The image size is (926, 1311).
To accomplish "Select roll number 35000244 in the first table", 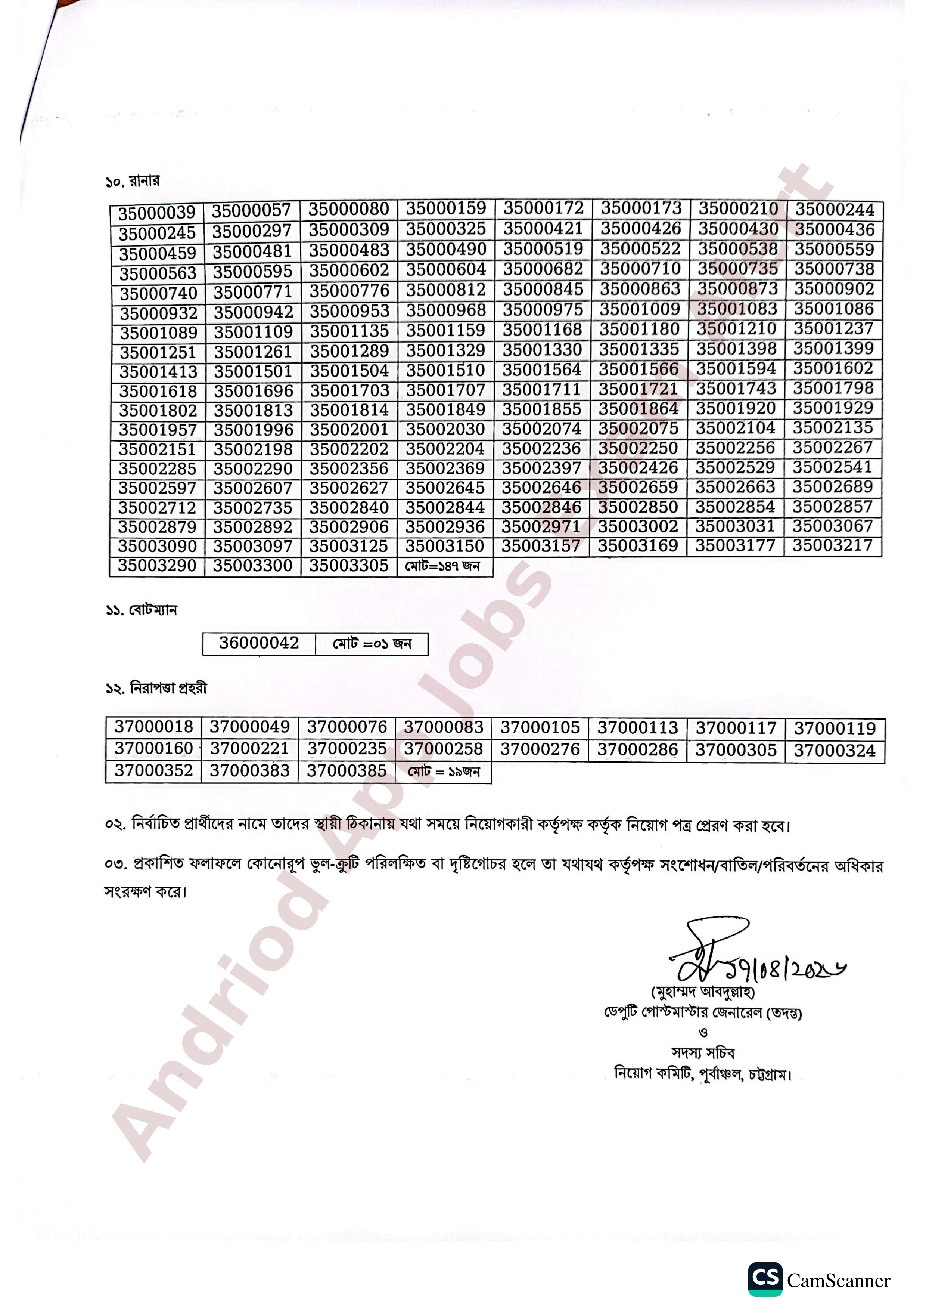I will [835, 210].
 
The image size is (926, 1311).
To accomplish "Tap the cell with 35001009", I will [640, 309].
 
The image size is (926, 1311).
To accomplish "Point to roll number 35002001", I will [349, 429].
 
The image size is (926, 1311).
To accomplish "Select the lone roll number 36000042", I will [259, 643].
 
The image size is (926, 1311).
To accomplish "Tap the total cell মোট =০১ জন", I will [372, 643].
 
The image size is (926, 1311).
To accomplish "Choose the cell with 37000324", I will [834, 750].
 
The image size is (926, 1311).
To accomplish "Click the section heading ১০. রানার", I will [133, 182].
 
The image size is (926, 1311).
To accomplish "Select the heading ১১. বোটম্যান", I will [142, 610].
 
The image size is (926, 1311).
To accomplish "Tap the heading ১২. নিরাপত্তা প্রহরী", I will [156, 688].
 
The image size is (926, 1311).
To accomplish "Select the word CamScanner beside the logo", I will [838, 1281].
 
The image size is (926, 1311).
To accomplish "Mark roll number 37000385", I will [347, 771].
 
